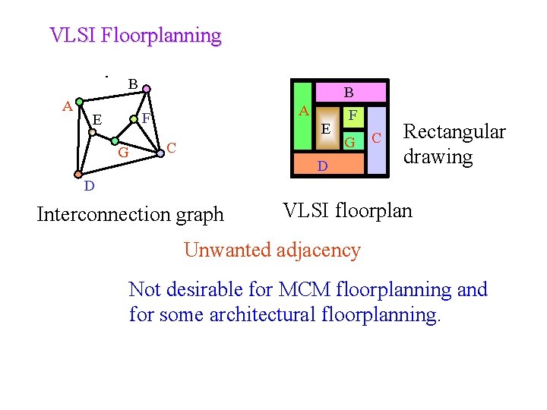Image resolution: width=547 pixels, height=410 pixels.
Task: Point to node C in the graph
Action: click(x=160, y=154)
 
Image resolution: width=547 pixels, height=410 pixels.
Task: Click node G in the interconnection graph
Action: click(x=113, y=141)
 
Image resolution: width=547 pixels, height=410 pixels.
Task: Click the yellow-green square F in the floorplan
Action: click(x=352, y=116)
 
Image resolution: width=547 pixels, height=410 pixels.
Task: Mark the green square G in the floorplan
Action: click(x=350, y=140)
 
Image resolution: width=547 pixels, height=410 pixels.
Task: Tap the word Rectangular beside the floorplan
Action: click(x=454, y=131)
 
